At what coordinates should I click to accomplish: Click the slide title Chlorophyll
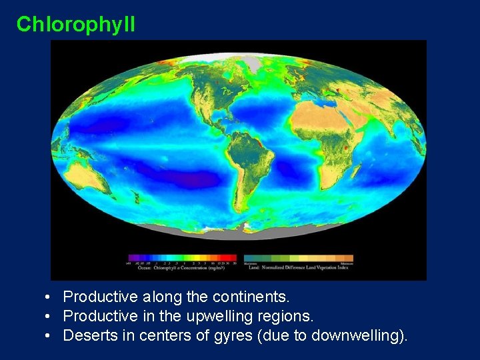click(x=75, y=25)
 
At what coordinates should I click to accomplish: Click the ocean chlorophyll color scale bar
click(x=183, y=257)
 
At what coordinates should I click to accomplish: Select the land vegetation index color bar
click(x=298, y=257)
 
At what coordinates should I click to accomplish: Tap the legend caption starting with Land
click(x=298, y=265)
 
